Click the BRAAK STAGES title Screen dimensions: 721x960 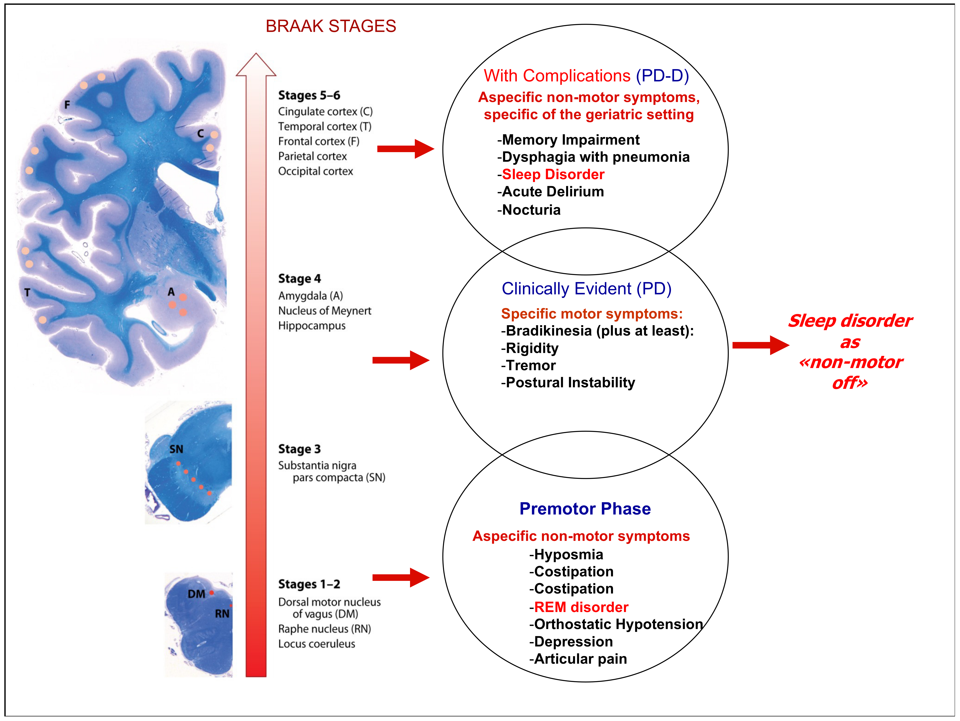(331, 26)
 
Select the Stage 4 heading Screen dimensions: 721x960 (300, 279)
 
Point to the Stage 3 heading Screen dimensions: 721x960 (300, 449)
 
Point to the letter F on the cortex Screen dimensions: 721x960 (67, 105)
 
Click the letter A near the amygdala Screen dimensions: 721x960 (171, 292)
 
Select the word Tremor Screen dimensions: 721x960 (530, 365)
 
